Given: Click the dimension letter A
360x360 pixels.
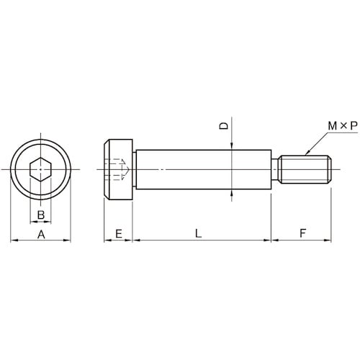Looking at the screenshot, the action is [41, 234].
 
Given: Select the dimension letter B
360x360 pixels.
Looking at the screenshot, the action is [41, 215].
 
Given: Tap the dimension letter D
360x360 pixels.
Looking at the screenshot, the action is [224, 126].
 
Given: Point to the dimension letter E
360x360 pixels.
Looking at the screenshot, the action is [119, 233].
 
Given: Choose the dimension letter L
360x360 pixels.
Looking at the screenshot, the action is [198, 233].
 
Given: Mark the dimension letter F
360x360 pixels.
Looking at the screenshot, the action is [303, 233].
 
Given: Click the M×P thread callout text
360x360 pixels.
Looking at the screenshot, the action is [343, 126].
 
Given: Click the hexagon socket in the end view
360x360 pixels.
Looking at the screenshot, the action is [40, 169].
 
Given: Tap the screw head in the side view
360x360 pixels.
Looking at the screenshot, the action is [118, 169].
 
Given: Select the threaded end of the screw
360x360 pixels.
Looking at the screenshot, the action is [305, 169].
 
